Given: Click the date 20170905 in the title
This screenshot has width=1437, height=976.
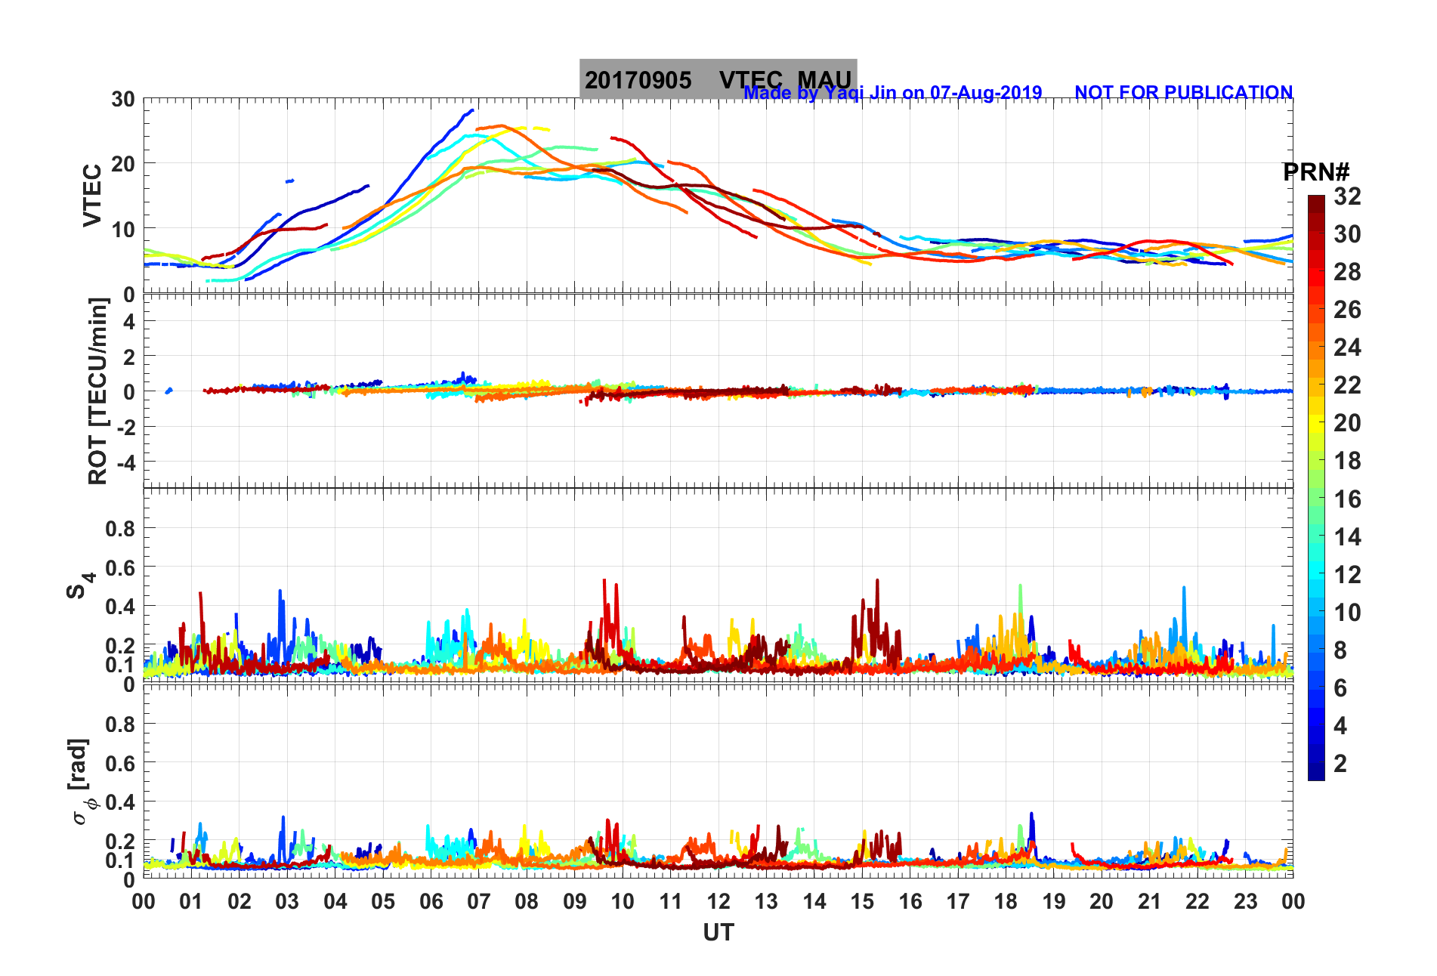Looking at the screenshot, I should click(638, 80).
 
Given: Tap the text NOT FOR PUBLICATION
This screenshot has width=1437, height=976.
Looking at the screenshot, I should click(1183, 92).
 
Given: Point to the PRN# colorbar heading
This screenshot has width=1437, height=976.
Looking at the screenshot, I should click(1316, 172).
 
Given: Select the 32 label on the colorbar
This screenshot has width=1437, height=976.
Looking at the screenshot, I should click(1347, 196).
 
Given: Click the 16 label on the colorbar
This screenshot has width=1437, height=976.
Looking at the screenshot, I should click(1347, 499).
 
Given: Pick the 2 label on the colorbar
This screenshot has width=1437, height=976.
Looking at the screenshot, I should click(1340, 763).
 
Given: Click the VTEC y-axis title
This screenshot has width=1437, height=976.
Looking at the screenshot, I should click(92, 195).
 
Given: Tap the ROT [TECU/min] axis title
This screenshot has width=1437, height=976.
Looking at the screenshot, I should click(98, 391).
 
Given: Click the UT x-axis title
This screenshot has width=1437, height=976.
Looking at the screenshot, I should click(718, 933).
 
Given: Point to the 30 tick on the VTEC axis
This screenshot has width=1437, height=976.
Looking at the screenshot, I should click(123, 99).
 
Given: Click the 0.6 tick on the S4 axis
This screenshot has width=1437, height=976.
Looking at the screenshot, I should click(120, 567).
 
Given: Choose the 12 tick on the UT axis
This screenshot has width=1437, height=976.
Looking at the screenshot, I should click(718, 901).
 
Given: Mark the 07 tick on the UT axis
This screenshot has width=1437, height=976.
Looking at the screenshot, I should click(479, 901).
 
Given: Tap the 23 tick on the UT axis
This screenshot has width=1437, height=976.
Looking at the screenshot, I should click(1245, 901).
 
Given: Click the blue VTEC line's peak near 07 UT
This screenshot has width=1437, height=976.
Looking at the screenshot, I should click(472, 110).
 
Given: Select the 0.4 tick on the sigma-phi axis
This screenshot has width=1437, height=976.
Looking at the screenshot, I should click(120, 801).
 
